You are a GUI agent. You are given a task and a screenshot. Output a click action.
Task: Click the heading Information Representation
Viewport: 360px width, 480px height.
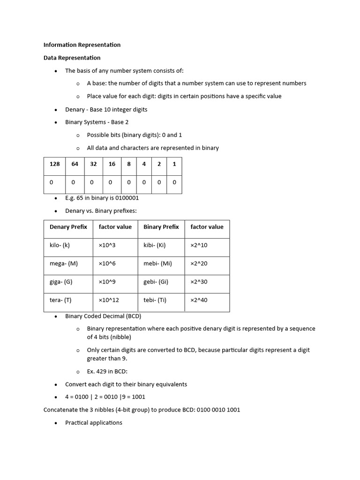tap(82, 45)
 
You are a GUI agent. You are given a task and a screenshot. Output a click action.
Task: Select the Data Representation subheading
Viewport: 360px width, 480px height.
tap(72, 58)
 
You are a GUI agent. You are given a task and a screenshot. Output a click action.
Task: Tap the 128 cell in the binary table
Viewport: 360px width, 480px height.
tap(55, 164)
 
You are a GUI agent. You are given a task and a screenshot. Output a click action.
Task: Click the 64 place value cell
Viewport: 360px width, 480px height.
tap(75, 164)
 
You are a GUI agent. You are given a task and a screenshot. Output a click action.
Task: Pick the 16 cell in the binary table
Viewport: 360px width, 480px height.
tap(112, 164)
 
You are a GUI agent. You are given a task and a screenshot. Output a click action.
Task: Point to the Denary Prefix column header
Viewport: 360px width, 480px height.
tap(68, 227)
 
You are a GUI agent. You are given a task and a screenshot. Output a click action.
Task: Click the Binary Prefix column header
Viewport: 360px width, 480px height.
tap(161, 227)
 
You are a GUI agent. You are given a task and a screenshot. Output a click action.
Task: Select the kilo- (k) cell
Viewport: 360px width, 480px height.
tap(60, 245)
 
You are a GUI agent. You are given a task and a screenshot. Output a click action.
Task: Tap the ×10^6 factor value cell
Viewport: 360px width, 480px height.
tap(107, 263)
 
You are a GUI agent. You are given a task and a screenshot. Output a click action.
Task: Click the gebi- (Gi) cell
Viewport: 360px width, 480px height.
tap(156, 282)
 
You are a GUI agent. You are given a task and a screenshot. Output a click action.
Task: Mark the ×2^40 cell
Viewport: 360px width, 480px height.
tap(199, 300)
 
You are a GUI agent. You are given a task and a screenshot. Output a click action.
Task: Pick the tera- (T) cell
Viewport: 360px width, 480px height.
tap(60, 300)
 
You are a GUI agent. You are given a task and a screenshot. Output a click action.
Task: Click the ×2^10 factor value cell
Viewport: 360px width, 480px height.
tap(199, 245)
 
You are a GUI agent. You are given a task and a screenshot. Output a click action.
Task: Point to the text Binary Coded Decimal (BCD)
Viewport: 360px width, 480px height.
tap(103, 316)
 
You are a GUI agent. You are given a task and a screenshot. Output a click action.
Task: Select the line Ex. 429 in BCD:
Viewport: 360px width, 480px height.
tap(107, 371)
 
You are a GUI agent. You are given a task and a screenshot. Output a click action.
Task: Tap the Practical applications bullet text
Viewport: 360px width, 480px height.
tap(94, 423)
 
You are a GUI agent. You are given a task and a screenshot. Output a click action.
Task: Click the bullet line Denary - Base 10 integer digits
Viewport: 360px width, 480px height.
tap(106, 110)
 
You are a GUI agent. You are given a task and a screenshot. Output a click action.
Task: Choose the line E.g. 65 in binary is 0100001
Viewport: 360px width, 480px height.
tap(102, 198)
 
